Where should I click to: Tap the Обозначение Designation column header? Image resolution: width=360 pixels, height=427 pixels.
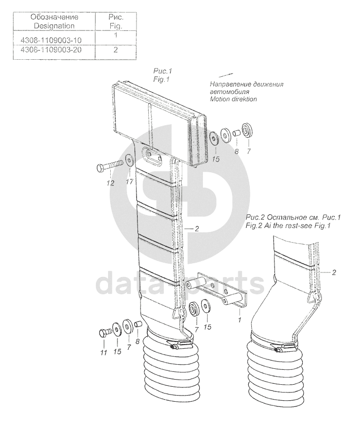tap(54, 21)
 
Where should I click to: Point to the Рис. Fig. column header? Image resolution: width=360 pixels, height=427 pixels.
tap(115, 21)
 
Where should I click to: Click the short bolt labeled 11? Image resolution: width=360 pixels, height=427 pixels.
tap(104, 333)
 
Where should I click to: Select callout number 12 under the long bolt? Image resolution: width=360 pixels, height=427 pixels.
tap(110, 183)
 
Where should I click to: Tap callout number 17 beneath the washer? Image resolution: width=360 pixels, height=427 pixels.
tap(129, 181)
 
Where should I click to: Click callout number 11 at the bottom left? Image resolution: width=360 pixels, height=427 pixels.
tap(104, 353)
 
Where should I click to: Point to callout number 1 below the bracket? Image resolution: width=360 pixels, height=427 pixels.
tap(239, 320)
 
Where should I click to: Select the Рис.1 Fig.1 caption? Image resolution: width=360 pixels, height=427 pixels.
tap(162, 75)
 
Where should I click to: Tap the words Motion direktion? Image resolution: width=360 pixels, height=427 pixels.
tap(233, 99)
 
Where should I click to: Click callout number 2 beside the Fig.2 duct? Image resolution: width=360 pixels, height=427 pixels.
tap(334, 272)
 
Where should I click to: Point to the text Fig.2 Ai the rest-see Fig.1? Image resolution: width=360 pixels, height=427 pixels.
tap(288, 226)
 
